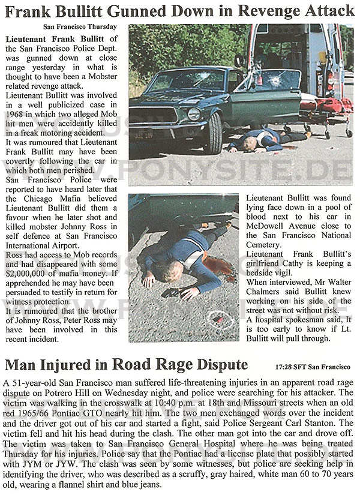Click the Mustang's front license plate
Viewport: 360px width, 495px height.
click(x=143, y=136)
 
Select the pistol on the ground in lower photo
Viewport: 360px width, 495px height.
click(x=175, y=293)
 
